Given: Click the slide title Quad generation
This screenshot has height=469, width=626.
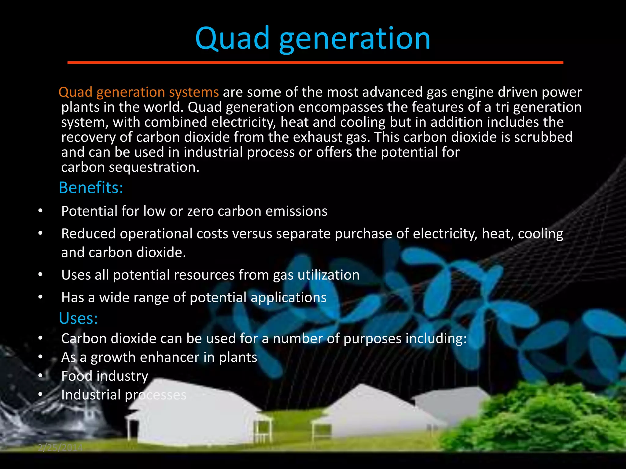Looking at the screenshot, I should coord(313,39).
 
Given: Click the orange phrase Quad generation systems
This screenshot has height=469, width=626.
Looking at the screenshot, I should coord(138,92).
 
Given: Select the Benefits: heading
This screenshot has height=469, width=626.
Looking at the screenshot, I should coord(91,187).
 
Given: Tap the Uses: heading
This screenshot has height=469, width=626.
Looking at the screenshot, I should coord(78,318).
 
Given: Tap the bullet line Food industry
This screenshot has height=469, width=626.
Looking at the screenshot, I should coord(105,376).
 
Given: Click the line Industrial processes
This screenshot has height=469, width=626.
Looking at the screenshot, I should coord(123,395).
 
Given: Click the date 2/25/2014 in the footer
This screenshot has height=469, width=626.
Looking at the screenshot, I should coord(60,448).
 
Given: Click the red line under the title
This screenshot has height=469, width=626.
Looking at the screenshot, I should coord(315,63).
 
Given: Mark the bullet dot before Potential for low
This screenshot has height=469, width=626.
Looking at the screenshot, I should coord(40,211).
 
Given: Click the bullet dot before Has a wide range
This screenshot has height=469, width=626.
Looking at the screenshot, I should coord(40,297).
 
